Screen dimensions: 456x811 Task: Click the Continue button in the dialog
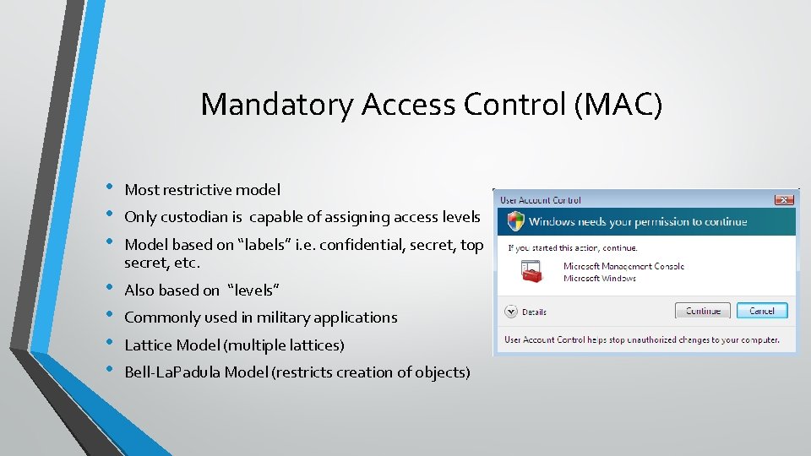[x=703, y=311]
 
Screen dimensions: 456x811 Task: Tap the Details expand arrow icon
[x=510, y=312]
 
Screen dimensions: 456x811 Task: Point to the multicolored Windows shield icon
[x=514, y=221]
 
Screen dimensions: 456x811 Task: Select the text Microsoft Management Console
[x=623, y=266]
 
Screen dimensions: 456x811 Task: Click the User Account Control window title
[x=541, y=200]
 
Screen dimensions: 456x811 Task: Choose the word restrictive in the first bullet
[x=199, y=190]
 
